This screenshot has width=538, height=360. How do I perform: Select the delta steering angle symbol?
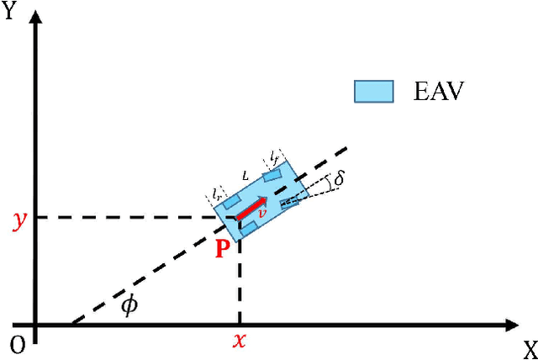click(x=339, y=179)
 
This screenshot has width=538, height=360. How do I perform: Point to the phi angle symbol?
click(x=129, y=304)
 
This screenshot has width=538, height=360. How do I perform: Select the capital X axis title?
click(x=530, y=347)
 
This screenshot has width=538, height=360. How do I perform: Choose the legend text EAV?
click(x=440, y=91)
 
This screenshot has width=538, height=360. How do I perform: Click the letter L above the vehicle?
click(x=245, y=176)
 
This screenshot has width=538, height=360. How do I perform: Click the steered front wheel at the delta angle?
click(x=290, y=200)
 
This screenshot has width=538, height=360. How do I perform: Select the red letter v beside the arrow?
click(x=262, y=214)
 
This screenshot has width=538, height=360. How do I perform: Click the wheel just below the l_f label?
click(x=272, y=175)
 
